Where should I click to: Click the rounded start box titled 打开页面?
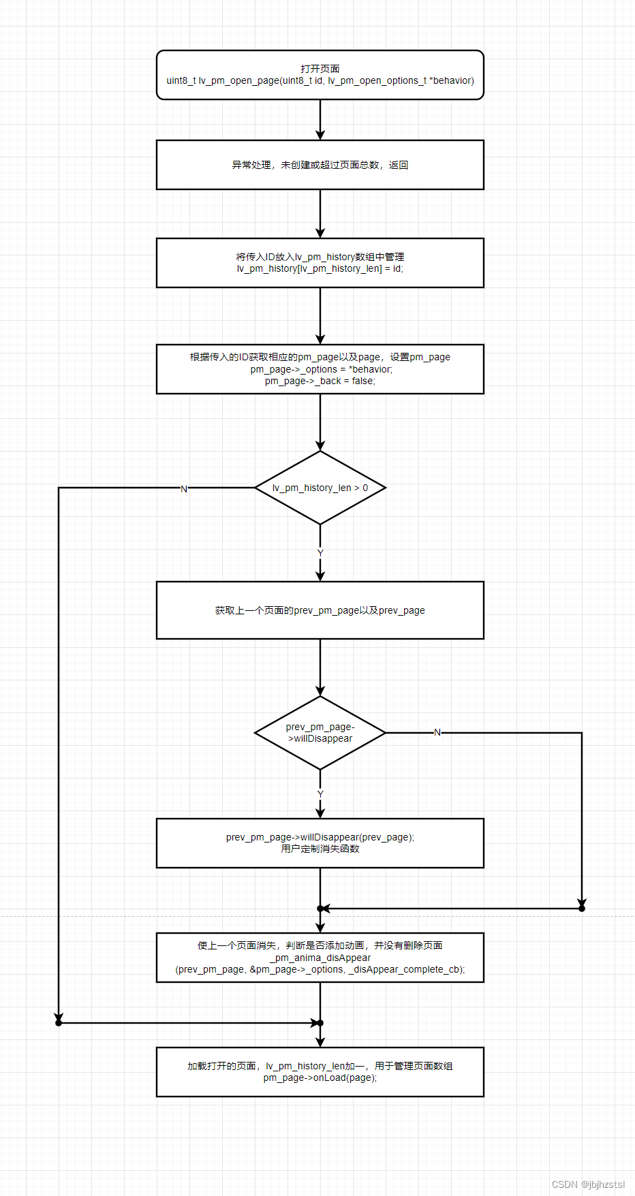click(320, 75)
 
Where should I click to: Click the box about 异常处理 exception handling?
click(320, 165)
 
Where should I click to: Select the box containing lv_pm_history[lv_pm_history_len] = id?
click(320, 263)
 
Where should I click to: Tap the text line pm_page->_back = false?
click(320, 381)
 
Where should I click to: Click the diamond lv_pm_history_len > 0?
click(320, 488)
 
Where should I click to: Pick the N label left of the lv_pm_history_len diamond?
click(183, 489)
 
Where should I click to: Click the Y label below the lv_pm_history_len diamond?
click(320, 552)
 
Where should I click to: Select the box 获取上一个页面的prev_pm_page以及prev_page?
click(320, 610)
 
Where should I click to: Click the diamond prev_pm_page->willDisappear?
click(320, 733)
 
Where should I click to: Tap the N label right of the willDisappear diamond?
click(437, 732)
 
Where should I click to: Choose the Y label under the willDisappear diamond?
click(320, 794)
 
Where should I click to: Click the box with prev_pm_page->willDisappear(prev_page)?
click(320, 843)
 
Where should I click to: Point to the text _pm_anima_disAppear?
click(320, 958)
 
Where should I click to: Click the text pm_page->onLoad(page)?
click(320, 1077)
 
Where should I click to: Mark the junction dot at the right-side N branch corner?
click(582, 908)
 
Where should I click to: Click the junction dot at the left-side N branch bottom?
click(59, 1022)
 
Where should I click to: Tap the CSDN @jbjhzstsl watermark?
click(587, 1184)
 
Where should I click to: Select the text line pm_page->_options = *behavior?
click(321, 369)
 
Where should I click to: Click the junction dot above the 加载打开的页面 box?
click(320, 1022)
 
